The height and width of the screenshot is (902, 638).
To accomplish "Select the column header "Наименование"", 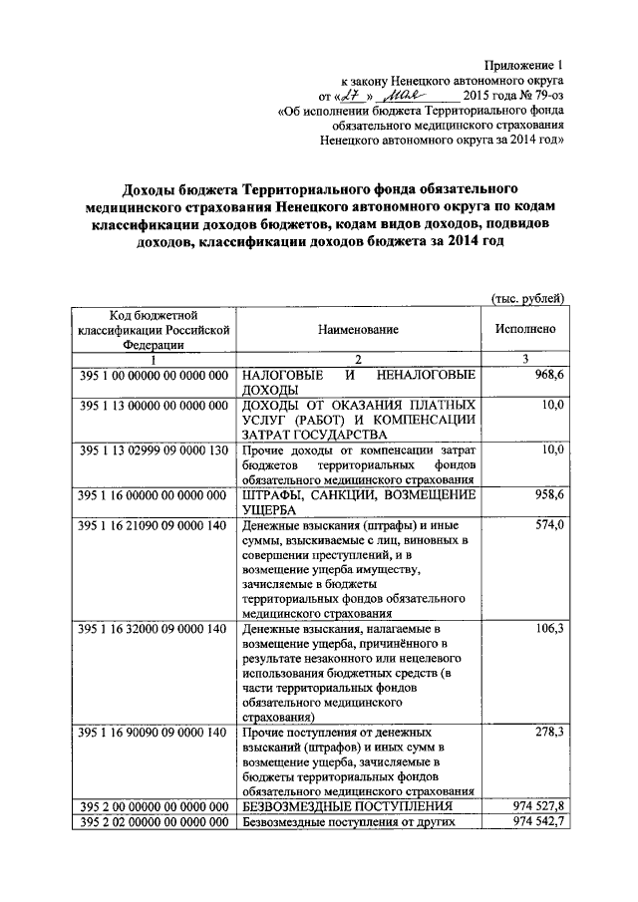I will (x=359, y=328).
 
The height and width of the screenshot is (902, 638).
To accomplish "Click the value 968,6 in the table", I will (x=547, y=374).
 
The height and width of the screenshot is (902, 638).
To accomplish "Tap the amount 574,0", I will (x=547, y=524).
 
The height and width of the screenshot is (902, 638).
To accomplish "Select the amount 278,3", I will (x=547, y=733).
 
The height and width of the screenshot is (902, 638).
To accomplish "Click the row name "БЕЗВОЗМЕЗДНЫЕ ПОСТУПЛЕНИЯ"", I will (x=348, y=805).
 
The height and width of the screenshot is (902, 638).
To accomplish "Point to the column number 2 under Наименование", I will (x=359, y=359).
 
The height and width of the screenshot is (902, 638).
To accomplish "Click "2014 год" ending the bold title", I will (x=477, y=241).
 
